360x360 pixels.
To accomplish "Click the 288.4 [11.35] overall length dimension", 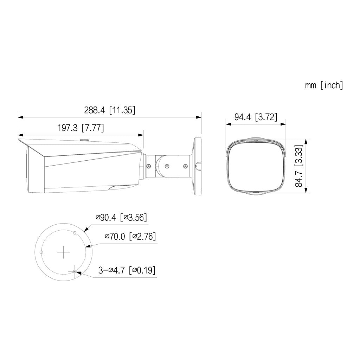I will pos(109,110).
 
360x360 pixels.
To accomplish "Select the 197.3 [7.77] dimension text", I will pos(81,128).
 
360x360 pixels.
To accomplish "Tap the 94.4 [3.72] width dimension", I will pos(256,117).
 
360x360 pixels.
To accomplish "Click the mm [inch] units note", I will pos(324,85).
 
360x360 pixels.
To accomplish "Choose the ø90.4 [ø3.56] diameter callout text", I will pos(121,218).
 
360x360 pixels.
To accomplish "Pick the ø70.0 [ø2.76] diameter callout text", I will pos(130,236).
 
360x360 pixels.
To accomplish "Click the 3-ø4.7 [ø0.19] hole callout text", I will pos(127,270).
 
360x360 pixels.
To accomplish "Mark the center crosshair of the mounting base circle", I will pos(64,252).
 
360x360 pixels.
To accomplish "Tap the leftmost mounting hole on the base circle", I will pos(41,252).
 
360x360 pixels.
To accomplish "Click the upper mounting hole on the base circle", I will pos(75,233).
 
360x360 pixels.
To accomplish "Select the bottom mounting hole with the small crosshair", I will pos(75,271).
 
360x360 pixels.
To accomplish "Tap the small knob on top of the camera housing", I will pos(84,141).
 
